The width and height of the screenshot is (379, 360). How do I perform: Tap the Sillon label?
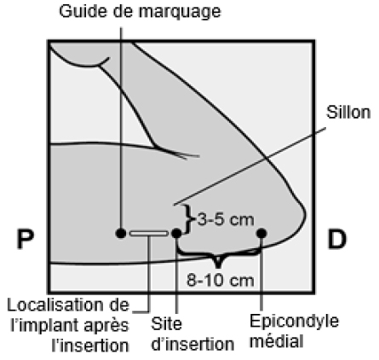(348, 113)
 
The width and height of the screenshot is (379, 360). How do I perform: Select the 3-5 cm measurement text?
(226, 220)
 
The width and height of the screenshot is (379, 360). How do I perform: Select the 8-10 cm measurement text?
(220, 281)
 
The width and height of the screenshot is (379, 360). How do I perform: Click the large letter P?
(26, 239)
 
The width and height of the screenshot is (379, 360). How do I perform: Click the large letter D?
(337, 239)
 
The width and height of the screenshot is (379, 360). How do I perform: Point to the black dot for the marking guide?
(121, 233)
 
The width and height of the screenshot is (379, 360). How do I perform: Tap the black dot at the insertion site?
(176, 233)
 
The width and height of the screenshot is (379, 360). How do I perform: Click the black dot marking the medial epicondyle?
(261, 233)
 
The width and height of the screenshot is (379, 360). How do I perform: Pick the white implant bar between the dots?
(149, 234)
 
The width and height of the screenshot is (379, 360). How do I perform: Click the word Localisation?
(54, 305)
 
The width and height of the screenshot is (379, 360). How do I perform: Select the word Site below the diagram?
(166, 324)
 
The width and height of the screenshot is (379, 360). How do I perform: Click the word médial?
(277, 340)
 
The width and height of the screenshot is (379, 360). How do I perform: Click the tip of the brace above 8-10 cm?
(218, 267)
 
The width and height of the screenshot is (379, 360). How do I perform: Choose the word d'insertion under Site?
(192, 344)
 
